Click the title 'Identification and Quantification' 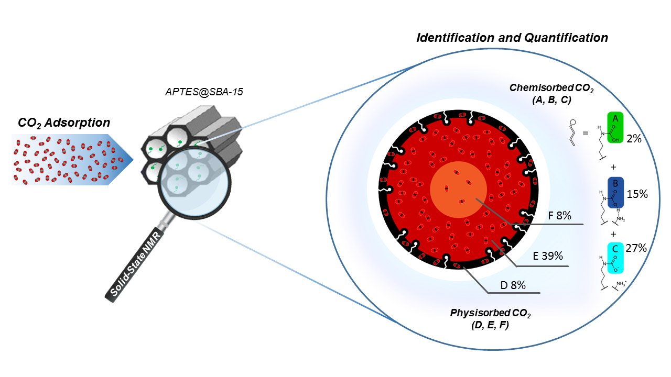pyautogui.click(x=512, y=38)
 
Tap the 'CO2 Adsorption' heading pyautogui.click(x=64, y=123)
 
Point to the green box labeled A pyautogui.click(x=615, y=127)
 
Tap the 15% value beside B pyautogui.click(x=637, y=194)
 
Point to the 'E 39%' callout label pyautogui.click(x=548, y=256)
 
